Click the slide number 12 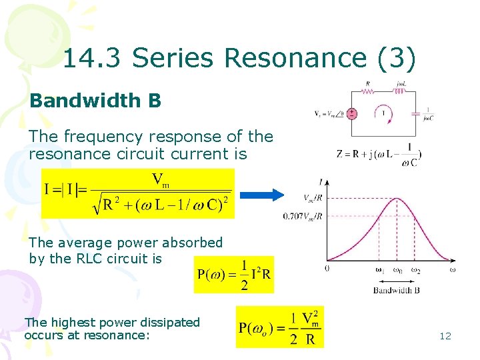click(445, 336)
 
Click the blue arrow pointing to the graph click(261, 195)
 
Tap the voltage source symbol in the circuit click(353, 113)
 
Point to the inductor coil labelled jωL click(400, 92)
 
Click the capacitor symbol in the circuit click(416, 114)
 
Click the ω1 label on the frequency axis click(379, 270)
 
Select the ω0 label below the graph click(397, 270)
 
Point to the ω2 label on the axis click(415, 270)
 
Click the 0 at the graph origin click(327, 269)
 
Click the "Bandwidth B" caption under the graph click(396, 290)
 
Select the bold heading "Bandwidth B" click(95, 101)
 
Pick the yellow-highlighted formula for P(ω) click(234, 274)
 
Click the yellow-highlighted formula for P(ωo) click(279, 327)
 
